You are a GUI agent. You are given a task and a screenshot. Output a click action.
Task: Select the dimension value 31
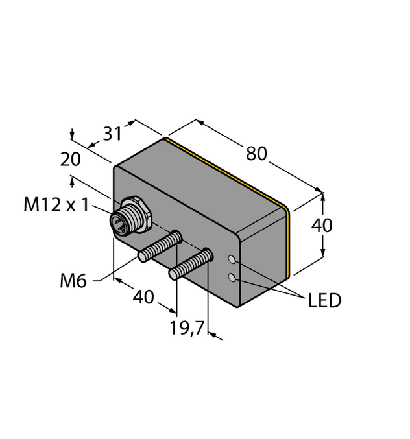pyautogui.click(x=114, y=134)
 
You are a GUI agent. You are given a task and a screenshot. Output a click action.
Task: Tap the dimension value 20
pyautogui.click(x=71, y=160)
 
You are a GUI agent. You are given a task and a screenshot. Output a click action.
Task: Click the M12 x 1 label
pyautogui.click(x=57, y=205)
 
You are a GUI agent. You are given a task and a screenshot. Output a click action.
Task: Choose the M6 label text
pyautogui.click(x=73, y=281)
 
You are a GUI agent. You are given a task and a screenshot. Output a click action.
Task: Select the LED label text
pyautogui.click(x=325, y=300)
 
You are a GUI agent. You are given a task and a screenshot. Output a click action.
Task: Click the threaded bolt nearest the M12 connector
pyautogui.click(x=158, y=248)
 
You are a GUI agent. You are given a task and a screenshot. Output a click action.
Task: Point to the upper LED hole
pyautogui.click(x=233, y=261)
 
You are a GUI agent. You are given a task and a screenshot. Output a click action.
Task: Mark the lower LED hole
pyautogui.click(x=232, y=278)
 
